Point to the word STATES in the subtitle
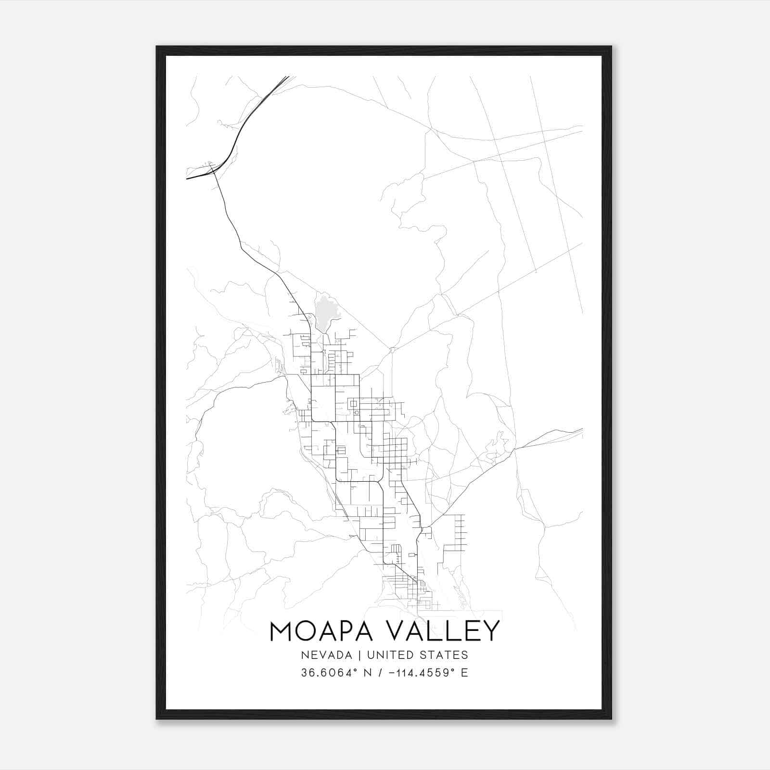click(x=446, y=655)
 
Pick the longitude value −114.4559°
click(x=422, y=672)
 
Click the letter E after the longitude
click(x=464, y=672)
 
